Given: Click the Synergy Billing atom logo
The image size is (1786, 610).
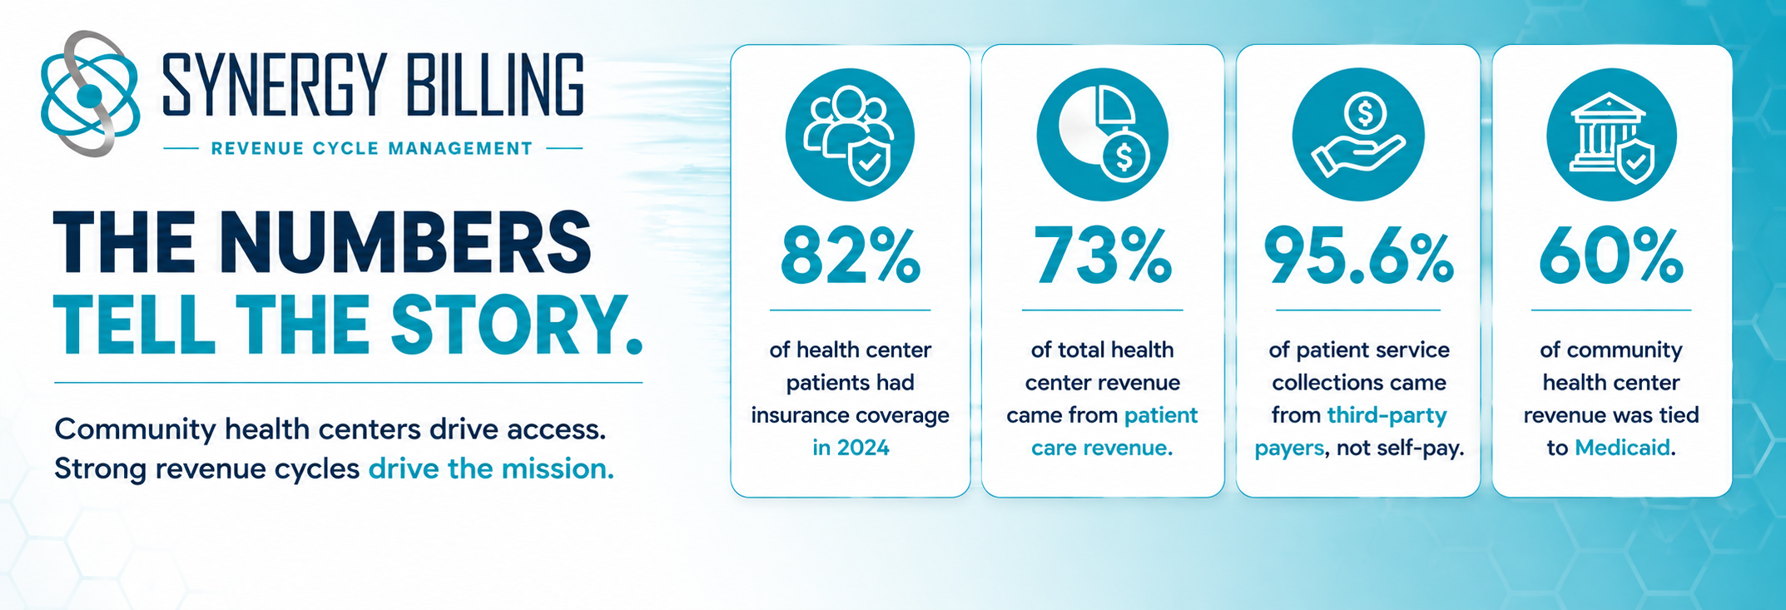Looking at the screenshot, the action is pyautogui.click(x=90, y=94).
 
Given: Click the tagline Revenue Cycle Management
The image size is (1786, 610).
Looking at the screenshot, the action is pyautogui.click(x=372, y=149).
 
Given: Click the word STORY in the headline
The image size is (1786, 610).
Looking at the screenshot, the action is pyautogui.click(x=509, y=325).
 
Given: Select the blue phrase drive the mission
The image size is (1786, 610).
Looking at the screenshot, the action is pyautogui.click(x=491, y=469).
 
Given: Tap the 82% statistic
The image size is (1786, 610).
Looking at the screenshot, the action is pyautogui.click(x=851, y=255).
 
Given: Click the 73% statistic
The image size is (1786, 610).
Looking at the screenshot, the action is pyautogui.click(x=1102, y=255).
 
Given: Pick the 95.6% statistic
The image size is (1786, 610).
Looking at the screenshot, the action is pyautogui.click(x=1358, y=255).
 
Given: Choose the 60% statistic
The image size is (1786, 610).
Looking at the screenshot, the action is pyautogui.click(x=1611, y=255).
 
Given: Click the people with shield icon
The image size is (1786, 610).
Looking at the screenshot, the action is pyautogui.click(x=850, y=135).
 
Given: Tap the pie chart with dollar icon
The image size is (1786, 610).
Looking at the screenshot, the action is pyautogui.click(x=1102, y=135).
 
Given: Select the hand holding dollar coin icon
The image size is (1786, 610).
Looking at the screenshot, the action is pyautogui.click(x=1358, y=135).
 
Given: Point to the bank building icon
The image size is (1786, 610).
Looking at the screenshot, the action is pyautogui.click(x=1611, y=135).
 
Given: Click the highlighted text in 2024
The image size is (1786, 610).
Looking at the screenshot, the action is pyautogui.click(x=851, y=448).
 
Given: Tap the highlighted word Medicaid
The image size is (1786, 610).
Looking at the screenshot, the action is pyautogui.click(x=1622, y=448).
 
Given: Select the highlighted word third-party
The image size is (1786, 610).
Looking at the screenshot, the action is pyautogui.click(x=1387, y=415).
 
